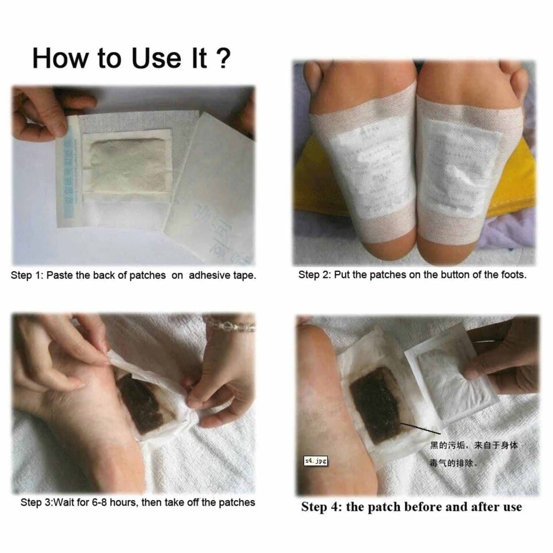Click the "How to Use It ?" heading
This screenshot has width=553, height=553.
(131, 58)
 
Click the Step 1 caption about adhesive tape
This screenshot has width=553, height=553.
(133, 276)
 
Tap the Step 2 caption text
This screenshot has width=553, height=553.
(412, 275)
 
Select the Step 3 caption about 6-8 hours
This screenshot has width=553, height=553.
(137, 502)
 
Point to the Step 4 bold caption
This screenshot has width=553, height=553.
(411, 507)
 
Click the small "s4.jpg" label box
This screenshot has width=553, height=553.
(315, 461)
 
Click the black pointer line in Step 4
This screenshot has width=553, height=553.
(419, 428)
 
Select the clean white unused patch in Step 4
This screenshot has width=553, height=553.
(449, 385)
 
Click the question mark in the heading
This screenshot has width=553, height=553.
(223, 58)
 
